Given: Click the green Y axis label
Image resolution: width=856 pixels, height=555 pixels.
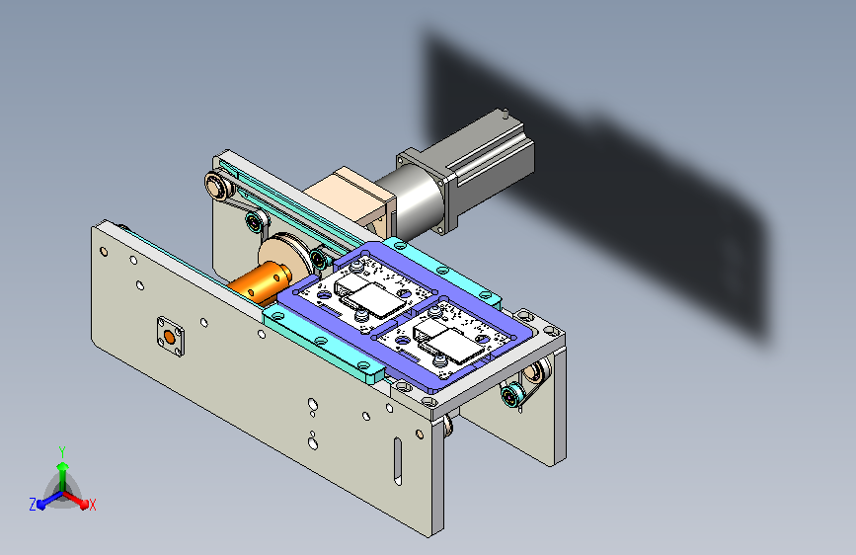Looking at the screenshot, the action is [x=62, y=451].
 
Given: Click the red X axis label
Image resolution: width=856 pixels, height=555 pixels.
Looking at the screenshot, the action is [x=92, y=505].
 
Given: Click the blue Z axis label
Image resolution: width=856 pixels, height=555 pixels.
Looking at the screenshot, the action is [x=33, y=505].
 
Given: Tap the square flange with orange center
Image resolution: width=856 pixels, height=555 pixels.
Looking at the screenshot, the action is [x=171, y=337].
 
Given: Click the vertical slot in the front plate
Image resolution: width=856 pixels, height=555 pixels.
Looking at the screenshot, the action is [x=398, y=461].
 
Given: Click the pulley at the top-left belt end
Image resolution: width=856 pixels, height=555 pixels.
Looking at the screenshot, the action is [x=217, y=187].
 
